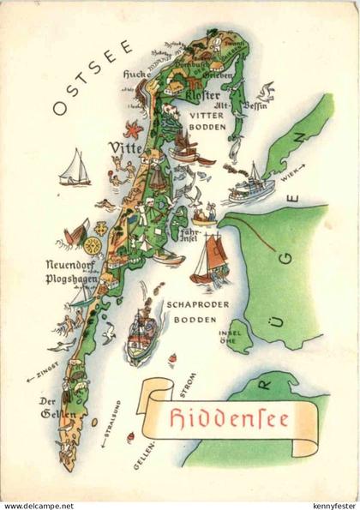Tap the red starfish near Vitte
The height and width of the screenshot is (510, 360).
tap(133, 131)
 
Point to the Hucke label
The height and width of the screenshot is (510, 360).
tap(137, 74)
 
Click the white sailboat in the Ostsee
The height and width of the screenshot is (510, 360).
tap(75, 168)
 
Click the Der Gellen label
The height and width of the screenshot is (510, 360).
tap(51, 408)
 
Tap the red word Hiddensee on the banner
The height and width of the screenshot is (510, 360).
tap(226, 421)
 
